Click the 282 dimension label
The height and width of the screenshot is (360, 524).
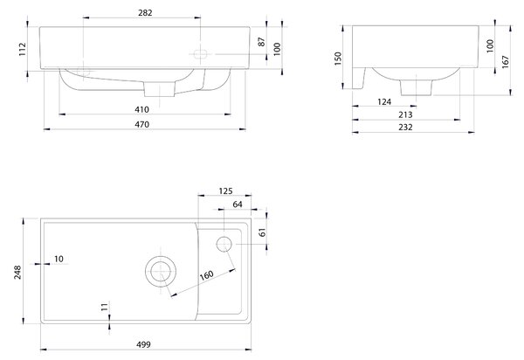[x=145, y=13]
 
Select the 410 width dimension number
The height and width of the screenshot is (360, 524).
[x=141, y=109]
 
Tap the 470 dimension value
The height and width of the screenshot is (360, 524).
[x=141, y=124]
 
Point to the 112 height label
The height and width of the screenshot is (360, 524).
[x=22, y=49]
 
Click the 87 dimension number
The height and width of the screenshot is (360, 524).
[x=262, y=42]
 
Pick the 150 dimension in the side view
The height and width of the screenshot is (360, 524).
[x=338, y=59]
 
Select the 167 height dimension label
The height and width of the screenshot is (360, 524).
[x=505, y=62]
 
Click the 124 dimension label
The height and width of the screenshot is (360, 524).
[x=384, y=101]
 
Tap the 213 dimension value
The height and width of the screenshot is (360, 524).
[x=405, y=114]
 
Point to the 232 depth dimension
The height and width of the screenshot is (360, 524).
[x=405, y=127]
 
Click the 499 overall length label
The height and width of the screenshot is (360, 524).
[x=143, y=344]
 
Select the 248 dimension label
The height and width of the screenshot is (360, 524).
[x=17, y=272]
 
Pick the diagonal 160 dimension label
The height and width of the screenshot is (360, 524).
[x=206, y=275]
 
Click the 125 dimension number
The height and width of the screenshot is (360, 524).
[x=225, y=190]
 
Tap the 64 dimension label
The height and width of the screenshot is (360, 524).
[x=238, y=204]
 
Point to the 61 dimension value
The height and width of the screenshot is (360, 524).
[x=262, y=232]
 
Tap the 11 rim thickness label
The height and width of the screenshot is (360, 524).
[x=105, y=307]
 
